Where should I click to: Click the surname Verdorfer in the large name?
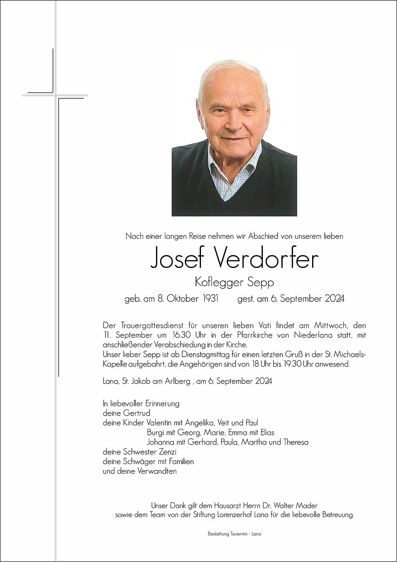[x=265, y=258]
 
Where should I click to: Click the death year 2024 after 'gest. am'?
[x=334, y=299]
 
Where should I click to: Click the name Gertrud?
[x=136, y=413]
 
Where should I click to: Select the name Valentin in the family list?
[x=160, y=423]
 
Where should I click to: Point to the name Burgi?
[x=156, y=433]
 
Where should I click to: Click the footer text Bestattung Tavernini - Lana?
[x=234, y=534]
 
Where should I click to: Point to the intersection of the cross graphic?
[x=55, y=95]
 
